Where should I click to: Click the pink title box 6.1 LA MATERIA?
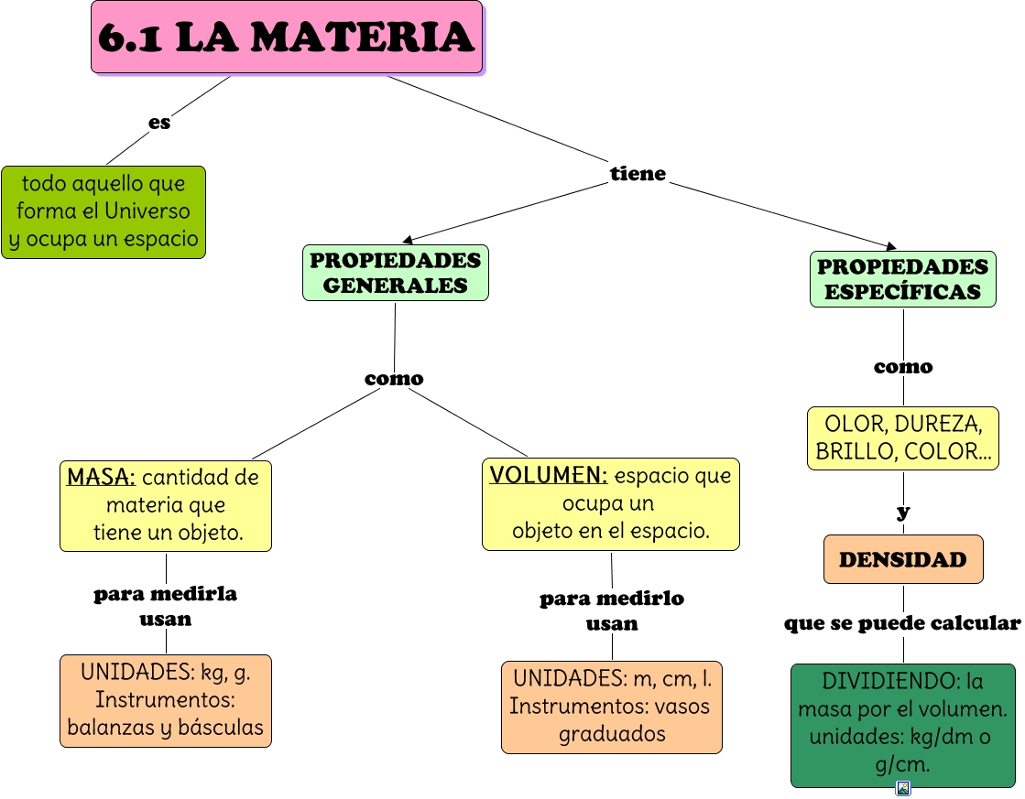287,38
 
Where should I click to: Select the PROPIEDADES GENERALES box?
395,273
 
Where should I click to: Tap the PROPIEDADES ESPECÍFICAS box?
902,279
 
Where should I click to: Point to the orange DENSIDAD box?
902,559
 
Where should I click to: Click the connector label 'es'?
159,122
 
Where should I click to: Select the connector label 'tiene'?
638,173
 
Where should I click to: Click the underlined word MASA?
101,477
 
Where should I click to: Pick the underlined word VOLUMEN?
548,476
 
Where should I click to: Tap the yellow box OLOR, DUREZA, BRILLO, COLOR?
902,437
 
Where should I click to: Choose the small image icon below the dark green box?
903,788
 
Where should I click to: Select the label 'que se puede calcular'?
902,623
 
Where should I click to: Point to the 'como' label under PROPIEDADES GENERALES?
394,378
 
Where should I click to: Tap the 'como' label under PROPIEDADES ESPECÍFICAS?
902,367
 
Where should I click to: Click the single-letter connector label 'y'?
903,512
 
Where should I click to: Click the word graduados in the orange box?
612,733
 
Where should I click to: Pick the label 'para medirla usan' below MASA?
166,606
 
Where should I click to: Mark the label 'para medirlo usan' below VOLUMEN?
612,610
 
